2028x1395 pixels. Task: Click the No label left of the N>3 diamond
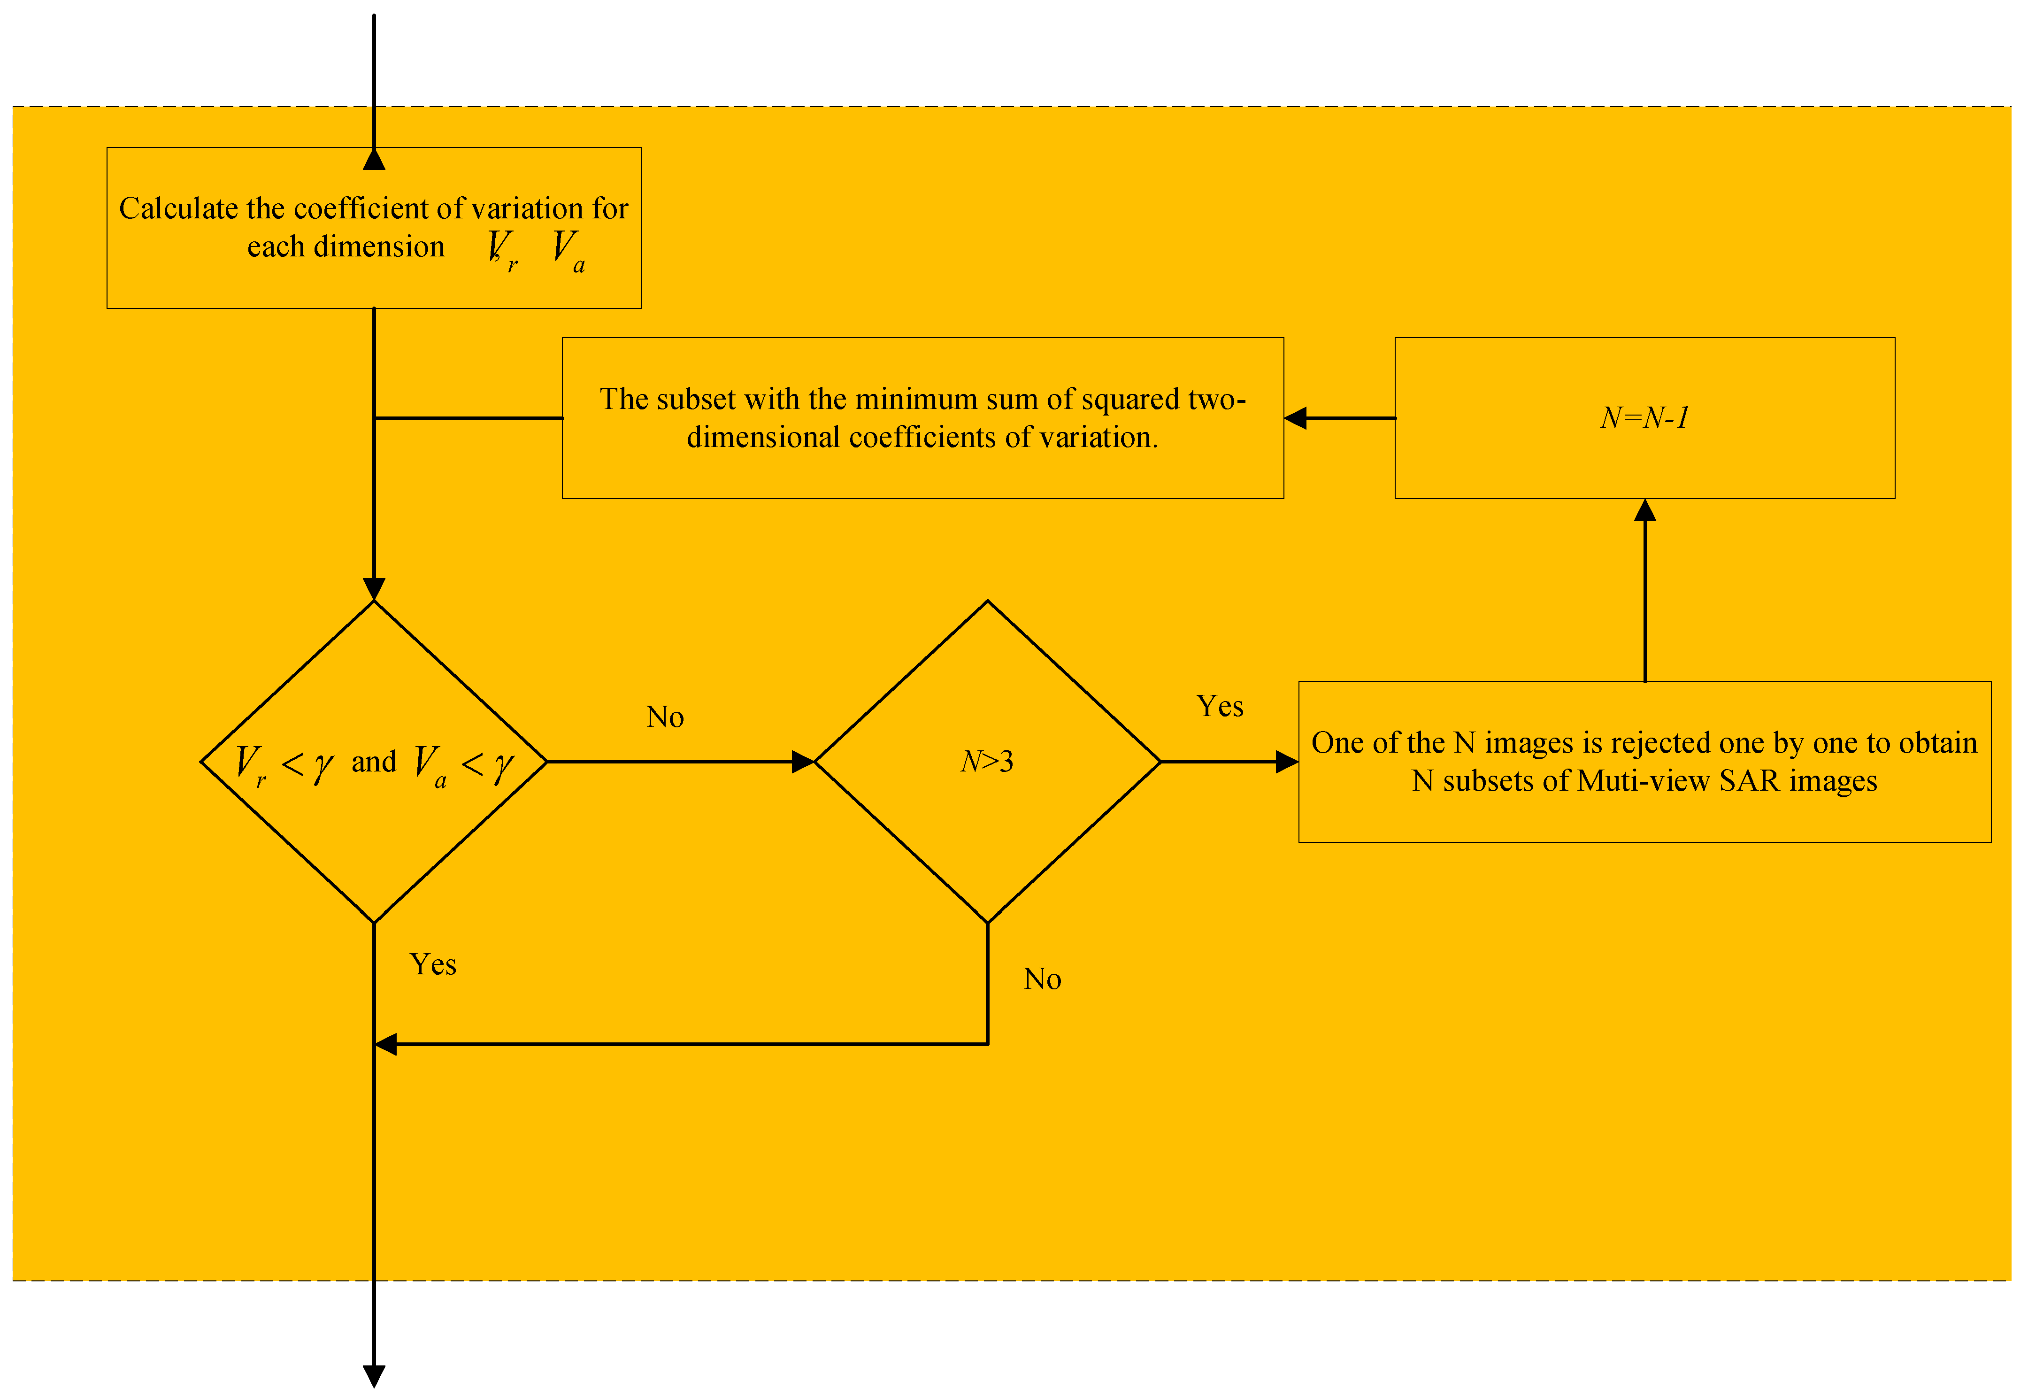click(x=665, y=717)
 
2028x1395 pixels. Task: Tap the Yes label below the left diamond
click(x=432, y=964)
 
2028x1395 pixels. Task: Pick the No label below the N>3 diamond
click(x=1042, y=979)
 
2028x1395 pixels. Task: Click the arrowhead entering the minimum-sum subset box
click(x=1295, y=418)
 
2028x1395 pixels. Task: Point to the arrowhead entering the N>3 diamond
click(x=802, y=761)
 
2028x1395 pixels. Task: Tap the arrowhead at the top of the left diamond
click(x=374, y=589)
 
